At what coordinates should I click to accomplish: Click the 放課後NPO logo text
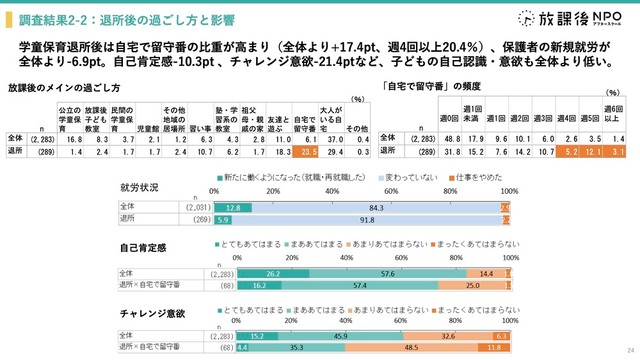[581, 19]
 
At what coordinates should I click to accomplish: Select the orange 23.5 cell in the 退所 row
[308, 151]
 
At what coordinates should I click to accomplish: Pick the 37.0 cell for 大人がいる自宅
[331, 138]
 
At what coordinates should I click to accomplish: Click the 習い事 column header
[199, 128]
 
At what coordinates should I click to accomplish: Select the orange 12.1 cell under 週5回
[595, 151]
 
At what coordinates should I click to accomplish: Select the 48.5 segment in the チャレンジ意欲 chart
[410, 348]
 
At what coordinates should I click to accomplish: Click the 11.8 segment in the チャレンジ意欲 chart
[493, 348]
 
